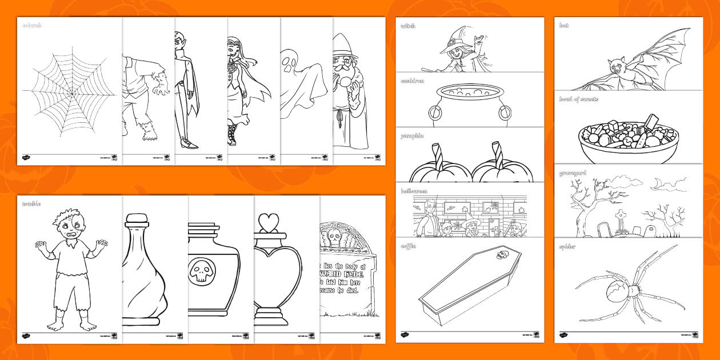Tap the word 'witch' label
point(408,26)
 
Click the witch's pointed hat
point(456,39)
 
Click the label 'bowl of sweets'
point(578,99)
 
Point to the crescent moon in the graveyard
point(657,183)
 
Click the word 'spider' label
point(567,247)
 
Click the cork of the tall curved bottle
point(136,219)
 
